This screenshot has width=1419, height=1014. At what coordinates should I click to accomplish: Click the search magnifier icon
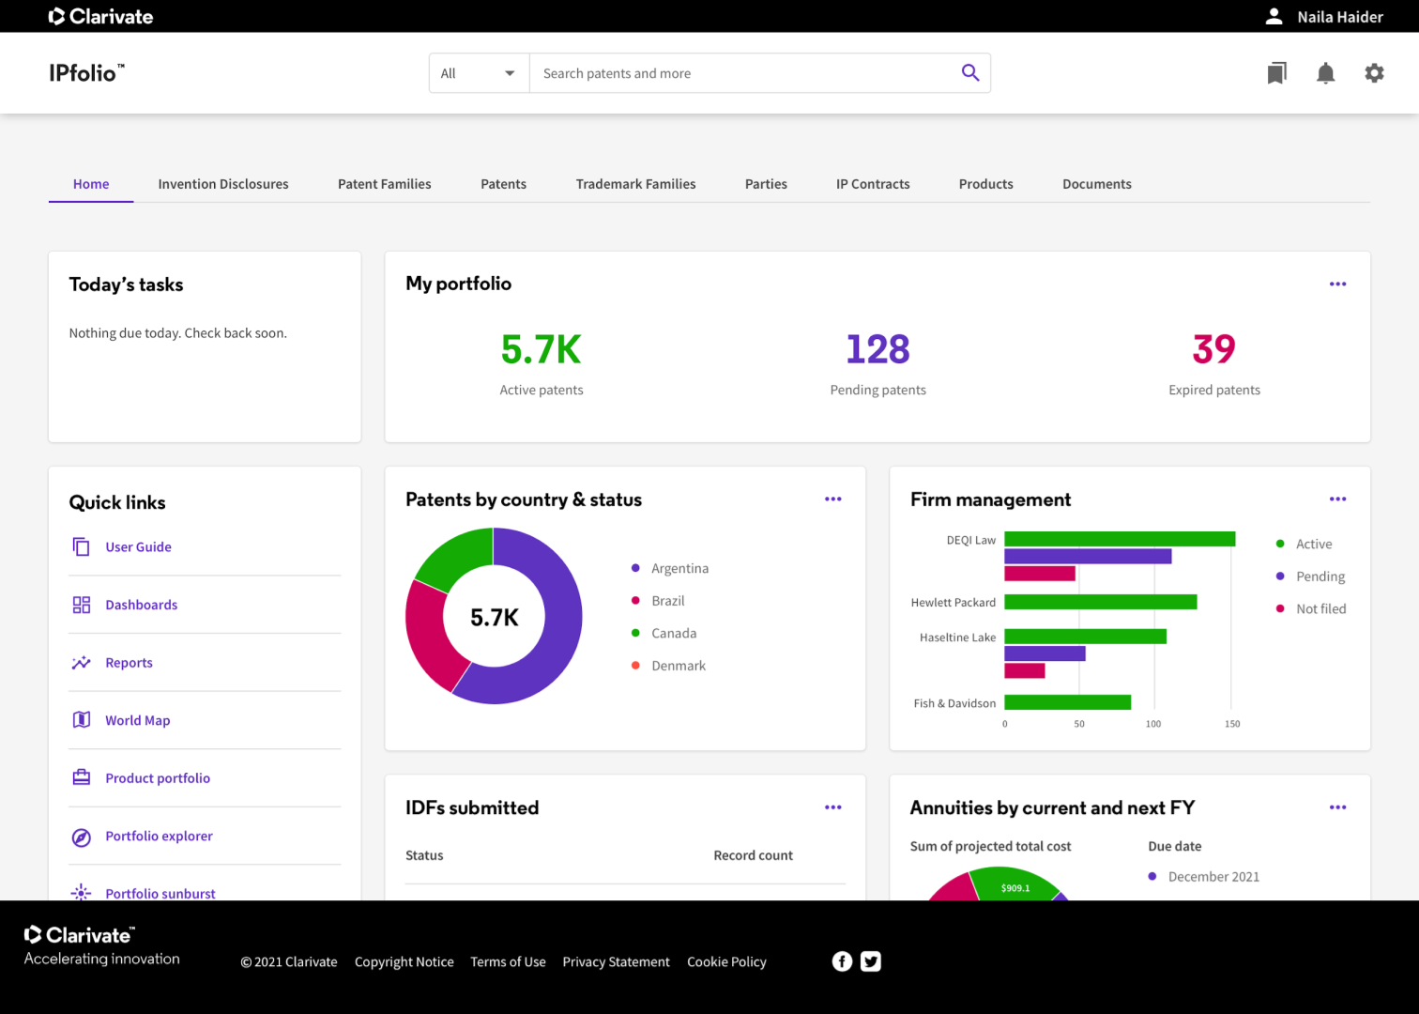tap(970, 73)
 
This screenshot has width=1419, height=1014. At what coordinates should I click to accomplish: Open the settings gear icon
tap(1374, 73)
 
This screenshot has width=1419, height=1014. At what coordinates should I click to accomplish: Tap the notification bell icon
tap(1325, 73)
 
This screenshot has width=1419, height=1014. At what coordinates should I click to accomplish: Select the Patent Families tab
tap(385, 184)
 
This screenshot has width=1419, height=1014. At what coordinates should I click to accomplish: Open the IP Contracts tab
tap(873, 184)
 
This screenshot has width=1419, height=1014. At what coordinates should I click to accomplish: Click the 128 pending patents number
tap(877, 349)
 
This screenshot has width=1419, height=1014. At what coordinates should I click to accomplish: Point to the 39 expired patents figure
tap(1213, 349)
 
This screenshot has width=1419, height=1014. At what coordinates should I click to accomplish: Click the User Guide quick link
tap(138, 547)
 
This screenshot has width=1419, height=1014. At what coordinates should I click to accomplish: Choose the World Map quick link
tap(137, 721)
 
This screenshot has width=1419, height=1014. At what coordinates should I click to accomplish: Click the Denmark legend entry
tap(678, 666)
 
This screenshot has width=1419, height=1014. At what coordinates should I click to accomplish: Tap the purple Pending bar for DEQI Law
tap(1088, 557)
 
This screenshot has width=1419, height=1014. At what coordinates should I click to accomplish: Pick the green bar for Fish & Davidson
tap(1067, 702)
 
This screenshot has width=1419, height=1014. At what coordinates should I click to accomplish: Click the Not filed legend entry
tap(1320, 609)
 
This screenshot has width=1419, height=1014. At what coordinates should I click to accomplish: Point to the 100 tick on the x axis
tap(1153, 724)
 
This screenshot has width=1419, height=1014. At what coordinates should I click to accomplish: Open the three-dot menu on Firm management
tap(1337, 499)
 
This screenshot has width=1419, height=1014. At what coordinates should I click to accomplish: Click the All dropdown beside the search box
tap(479, 73)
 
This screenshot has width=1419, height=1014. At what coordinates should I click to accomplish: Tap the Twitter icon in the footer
tap(871, 961)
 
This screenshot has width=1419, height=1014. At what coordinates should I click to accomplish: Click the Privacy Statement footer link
tap(616, 962)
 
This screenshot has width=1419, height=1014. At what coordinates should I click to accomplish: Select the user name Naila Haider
tap(1339, 17)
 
